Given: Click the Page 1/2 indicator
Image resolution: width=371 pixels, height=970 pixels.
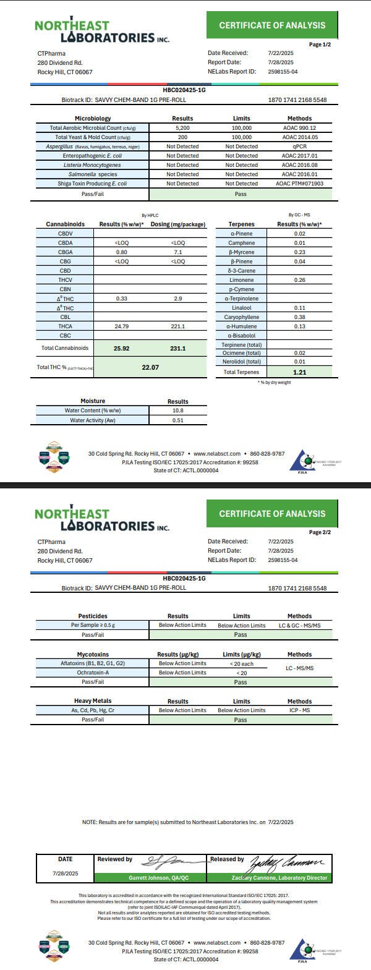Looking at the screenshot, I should pos(320,45).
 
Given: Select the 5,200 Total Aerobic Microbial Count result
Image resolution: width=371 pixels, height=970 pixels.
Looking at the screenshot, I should pos(182,128).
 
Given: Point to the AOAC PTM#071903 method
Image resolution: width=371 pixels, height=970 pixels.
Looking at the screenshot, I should pos(299,184).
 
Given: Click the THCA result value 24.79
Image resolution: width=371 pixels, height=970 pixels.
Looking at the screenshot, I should pos(121,326).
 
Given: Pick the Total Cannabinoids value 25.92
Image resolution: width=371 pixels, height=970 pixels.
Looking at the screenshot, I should pos(121,349).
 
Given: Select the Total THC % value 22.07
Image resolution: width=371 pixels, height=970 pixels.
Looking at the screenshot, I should pos(150,367).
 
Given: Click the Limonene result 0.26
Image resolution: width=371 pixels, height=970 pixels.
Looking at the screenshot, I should pos(300,280).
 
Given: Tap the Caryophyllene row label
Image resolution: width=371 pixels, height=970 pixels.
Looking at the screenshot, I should pos(240,317).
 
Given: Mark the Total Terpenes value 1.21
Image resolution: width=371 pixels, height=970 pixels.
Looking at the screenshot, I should pos(300,372).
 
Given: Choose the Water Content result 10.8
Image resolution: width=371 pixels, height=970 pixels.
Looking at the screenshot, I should pos(178,411).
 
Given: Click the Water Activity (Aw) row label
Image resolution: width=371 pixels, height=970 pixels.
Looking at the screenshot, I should pos(92,420).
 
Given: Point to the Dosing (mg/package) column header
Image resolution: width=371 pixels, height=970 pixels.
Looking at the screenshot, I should pos(178,224).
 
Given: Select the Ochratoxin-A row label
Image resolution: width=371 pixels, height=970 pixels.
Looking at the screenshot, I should pos(93,673).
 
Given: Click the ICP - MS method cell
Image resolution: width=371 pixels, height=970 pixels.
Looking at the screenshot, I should pos(299,710).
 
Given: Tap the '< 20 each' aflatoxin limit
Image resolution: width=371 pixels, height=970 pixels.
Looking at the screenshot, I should pos(241,663).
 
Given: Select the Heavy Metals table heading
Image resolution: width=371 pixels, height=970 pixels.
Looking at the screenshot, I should pos(93,701).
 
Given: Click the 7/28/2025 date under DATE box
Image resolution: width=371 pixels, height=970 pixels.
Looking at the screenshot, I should pos(65,874).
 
